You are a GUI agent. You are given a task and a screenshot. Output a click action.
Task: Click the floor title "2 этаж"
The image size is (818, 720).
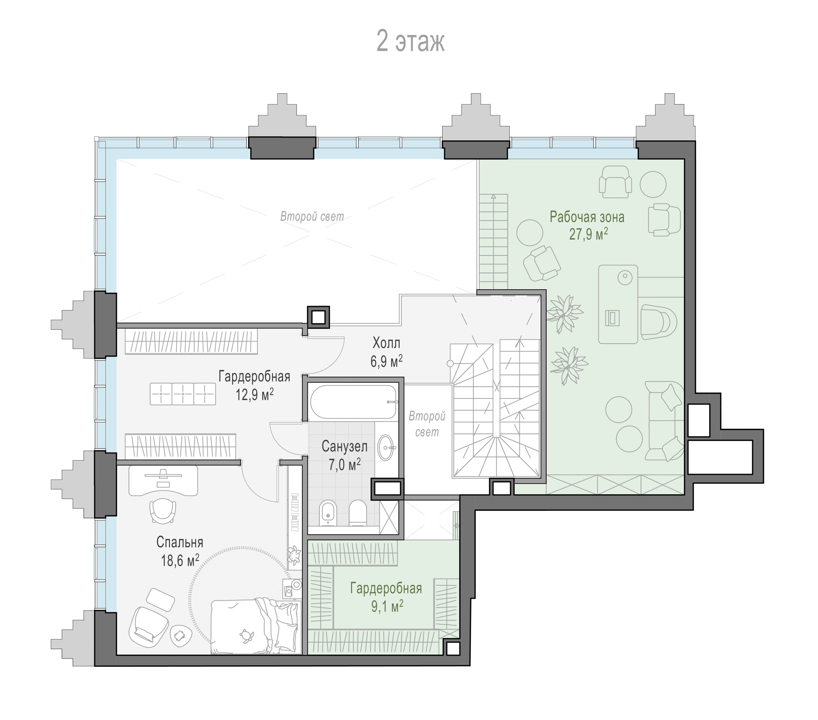[x=410, y=42]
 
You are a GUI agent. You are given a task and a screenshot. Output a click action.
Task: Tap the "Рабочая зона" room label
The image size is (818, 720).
[x=587, y=217]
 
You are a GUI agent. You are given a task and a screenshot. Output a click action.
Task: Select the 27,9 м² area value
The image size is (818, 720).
[x=589, y=234]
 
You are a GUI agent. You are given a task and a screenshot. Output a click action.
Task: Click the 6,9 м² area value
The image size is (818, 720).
[x=386, y=361]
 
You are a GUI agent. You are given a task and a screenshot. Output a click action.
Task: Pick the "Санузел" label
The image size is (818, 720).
[x=345, y=446]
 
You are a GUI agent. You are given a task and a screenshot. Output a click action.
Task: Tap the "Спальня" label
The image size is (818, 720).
[x=180, y=542]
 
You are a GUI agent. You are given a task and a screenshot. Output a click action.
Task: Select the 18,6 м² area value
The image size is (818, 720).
[x=180, y=561]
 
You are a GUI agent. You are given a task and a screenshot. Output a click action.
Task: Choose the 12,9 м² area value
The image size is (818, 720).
[x=255, y=395]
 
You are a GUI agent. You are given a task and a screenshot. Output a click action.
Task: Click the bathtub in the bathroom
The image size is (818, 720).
[x=353, y=402]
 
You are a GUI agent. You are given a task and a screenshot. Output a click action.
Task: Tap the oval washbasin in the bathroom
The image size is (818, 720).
[x=387, y=448]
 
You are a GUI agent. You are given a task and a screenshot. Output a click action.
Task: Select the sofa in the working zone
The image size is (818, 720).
[x=664, y=421]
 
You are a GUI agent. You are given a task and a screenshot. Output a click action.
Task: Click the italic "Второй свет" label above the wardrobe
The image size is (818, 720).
[x=312, y=217]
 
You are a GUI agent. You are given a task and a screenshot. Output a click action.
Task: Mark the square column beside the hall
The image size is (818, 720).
[x=319, y=317]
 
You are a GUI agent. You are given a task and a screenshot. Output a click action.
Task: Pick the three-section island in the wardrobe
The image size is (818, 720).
[x=183, y=394]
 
